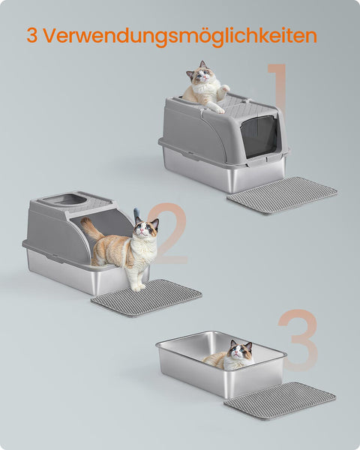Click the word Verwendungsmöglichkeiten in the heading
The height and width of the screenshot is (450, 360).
(x=181, y=36)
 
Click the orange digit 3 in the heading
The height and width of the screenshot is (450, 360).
(x=32, y=35)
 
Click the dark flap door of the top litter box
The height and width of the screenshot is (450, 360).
(x=259, y=137)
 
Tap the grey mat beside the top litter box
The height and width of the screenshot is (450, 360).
(x=282, y=196)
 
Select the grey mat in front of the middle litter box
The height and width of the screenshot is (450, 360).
(x=146, y=297)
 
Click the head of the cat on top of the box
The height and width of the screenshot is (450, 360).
(x=201, y=73)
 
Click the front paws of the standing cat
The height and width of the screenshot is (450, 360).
(x=138, y=286)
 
